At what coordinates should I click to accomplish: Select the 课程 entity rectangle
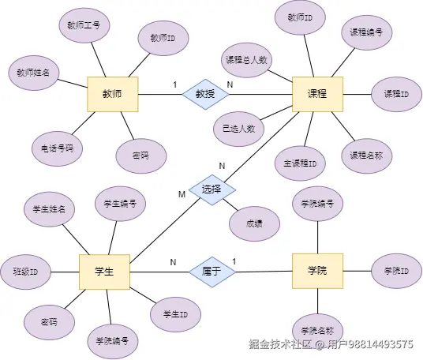tap(317, 93)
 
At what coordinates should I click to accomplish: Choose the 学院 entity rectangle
tap(317, 271)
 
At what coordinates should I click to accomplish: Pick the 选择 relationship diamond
tap(211, 189)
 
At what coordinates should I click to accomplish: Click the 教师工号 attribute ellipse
tap(84, 26)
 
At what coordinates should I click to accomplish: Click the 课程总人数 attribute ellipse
tap(249, 59)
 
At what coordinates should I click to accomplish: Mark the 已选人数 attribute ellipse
tap(238, 128)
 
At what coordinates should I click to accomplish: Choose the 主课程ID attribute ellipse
tap(300, 164)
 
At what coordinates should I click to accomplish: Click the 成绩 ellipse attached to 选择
tap(253, 223)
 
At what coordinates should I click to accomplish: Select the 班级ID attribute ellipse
tap(26, 271)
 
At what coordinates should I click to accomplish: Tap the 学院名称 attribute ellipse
tap(317, 330)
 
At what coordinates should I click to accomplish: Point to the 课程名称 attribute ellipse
tap(366, 155)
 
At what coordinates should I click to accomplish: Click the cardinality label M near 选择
tap(182, 194)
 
